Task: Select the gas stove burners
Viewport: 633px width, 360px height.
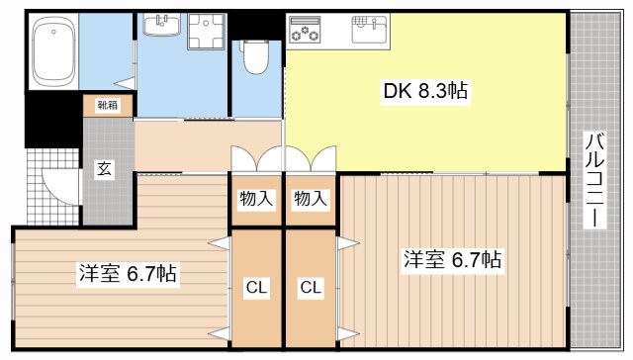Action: click(x=304, y=33)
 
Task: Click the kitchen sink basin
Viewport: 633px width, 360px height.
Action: click(x=372, y=31)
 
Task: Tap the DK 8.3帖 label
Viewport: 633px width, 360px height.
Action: click(x=425, y=91)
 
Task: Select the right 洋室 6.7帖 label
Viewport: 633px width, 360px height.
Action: click(x=451, y=260)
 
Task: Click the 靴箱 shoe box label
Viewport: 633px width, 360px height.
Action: click(x=105, y=104)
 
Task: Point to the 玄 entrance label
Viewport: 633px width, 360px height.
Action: click(x=104, y=168)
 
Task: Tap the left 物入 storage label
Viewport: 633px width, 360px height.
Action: click(x=256, y=198)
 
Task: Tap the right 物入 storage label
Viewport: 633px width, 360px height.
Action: click(x=311, y=198)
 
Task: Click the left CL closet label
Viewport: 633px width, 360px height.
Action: click(x=256, y=288)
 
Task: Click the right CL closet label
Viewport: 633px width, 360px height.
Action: click(x=311, y=288)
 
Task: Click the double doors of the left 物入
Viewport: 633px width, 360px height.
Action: click(x=256, y=160)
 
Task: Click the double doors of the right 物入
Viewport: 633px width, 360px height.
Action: click(x=311, y=160)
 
